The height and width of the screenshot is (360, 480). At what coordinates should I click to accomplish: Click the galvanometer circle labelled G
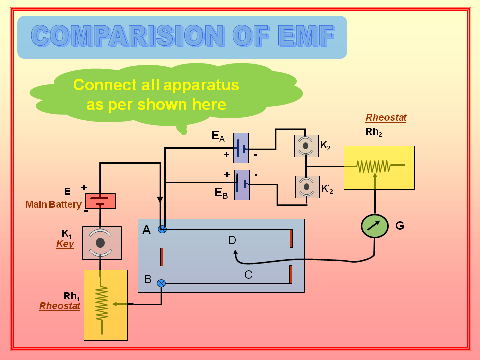(x=375, y=226)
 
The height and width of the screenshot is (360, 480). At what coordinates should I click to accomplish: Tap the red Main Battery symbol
(x=100, y=201)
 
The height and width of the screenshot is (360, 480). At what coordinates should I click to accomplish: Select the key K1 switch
(x=101, y=243)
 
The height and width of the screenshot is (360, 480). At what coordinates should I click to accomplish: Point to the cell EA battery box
(x=241, y=148)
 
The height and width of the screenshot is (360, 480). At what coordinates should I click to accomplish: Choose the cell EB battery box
(x=242, y=185)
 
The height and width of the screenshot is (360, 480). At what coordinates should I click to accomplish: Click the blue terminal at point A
(x=162, y=229)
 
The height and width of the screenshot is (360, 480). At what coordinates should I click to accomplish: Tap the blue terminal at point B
(x=161, y=283)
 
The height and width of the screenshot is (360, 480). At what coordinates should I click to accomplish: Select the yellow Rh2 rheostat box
(x=379, y=168)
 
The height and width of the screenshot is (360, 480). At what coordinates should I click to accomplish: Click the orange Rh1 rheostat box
(x=105, y=305)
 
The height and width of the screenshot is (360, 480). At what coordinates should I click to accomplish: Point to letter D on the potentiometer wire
(x=232, y=241)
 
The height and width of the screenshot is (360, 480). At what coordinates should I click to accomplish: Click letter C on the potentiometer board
(x=248, y=274)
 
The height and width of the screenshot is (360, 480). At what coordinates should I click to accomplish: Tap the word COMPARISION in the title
(x=127, y=36)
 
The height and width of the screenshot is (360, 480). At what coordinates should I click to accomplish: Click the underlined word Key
(x=65, y=244)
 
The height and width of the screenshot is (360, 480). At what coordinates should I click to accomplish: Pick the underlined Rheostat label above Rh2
(x=386, y=118)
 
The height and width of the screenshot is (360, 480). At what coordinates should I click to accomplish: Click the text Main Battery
(x=53, y=204)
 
